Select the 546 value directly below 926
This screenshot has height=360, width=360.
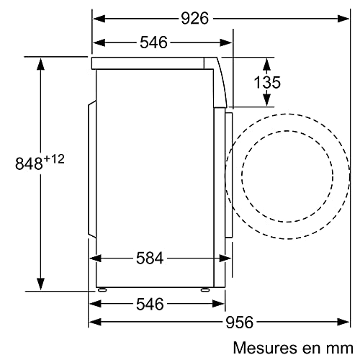153,43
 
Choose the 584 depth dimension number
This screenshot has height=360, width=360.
150,258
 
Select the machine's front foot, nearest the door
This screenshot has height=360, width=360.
206,289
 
